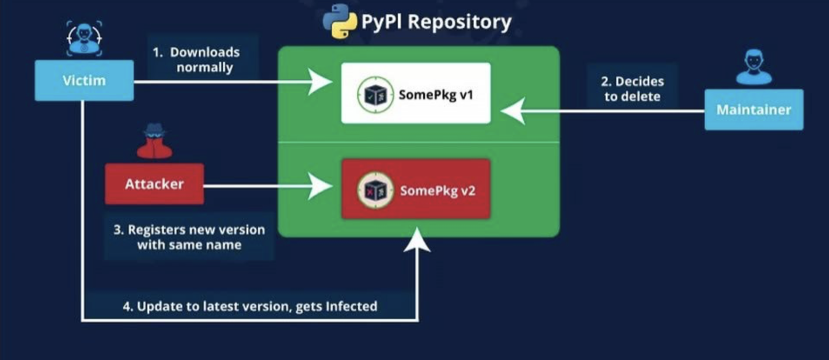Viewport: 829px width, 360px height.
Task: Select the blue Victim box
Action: tap(84, 80)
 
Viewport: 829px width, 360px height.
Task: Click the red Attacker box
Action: tap(154, 184)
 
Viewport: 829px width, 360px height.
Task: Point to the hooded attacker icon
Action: tap(154, 142)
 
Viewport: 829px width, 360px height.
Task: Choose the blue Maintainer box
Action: tap(754, 109)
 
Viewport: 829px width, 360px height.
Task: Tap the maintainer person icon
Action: tap(754, 68)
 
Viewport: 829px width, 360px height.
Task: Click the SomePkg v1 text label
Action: tap(436, 94)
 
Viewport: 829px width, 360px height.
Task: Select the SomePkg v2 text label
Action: tap(437, 191)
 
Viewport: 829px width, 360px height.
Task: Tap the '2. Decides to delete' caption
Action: tap(632, 89)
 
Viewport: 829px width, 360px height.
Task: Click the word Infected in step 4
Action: tap(351, 306)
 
